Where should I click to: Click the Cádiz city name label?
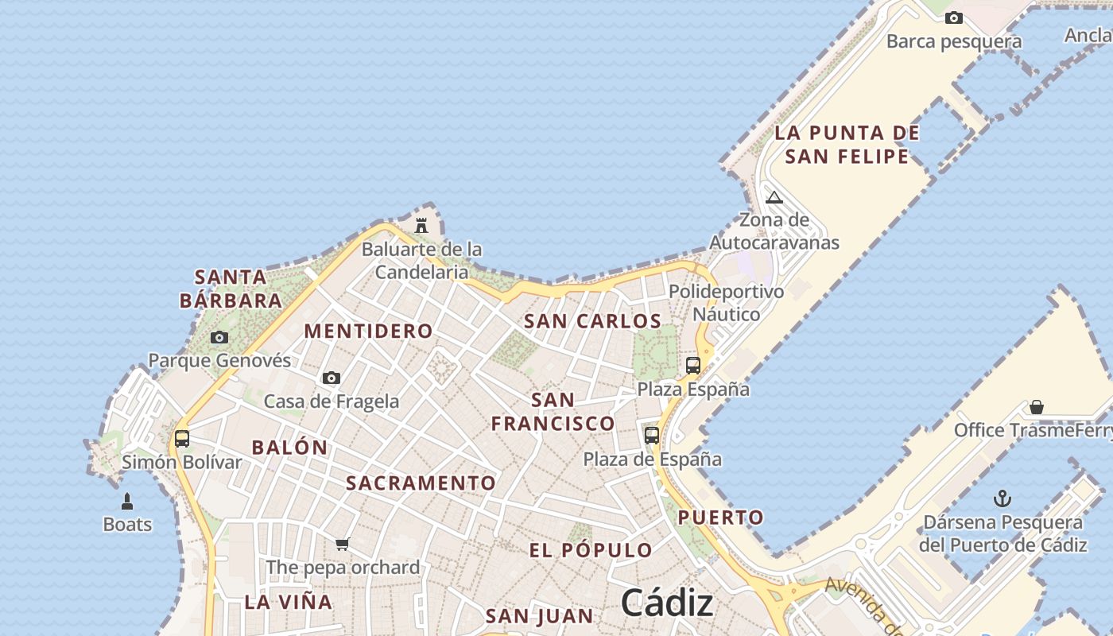tap(666, 602)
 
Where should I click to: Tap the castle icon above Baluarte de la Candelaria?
tap(421, 225)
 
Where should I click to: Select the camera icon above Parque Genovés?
tap(219, 337)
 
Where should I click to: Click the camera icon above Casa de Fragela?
tap(332, 378)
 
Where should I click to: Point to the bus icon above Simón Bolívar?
tap(182, 438)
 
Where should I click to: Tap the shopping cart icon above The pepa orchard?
tap(342, 544)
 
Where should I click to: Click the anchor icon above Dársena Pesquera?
tap(1002, 499)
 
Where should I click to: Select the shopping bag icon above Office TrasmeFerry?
tap(1037, 407)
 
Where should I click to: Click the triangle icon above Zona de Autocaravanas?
tap(774, 197)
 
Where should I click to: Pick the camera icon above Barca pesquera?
tap(954, 17)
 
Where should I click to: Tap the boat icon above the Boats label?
tap(126, 502)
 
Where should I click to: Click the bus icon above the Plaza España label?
tap(693, 366)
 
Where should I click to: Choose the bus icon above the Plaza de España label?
tap(652, 435)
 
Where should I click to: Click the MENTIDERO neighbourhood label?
tap(369, 331)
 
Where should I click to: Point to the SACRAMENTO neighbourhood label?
tap(421, 483)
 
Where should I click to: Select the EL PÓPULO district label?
tap(591, 549)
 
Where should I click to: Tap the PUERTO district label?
tap(720, 518)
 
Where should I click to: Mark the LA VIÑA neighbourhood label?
tap(289, 602)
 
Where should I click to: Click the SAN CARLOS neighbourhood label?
tap(592, 321)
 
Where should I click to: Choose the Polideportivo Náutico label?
tap(726, 303)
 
